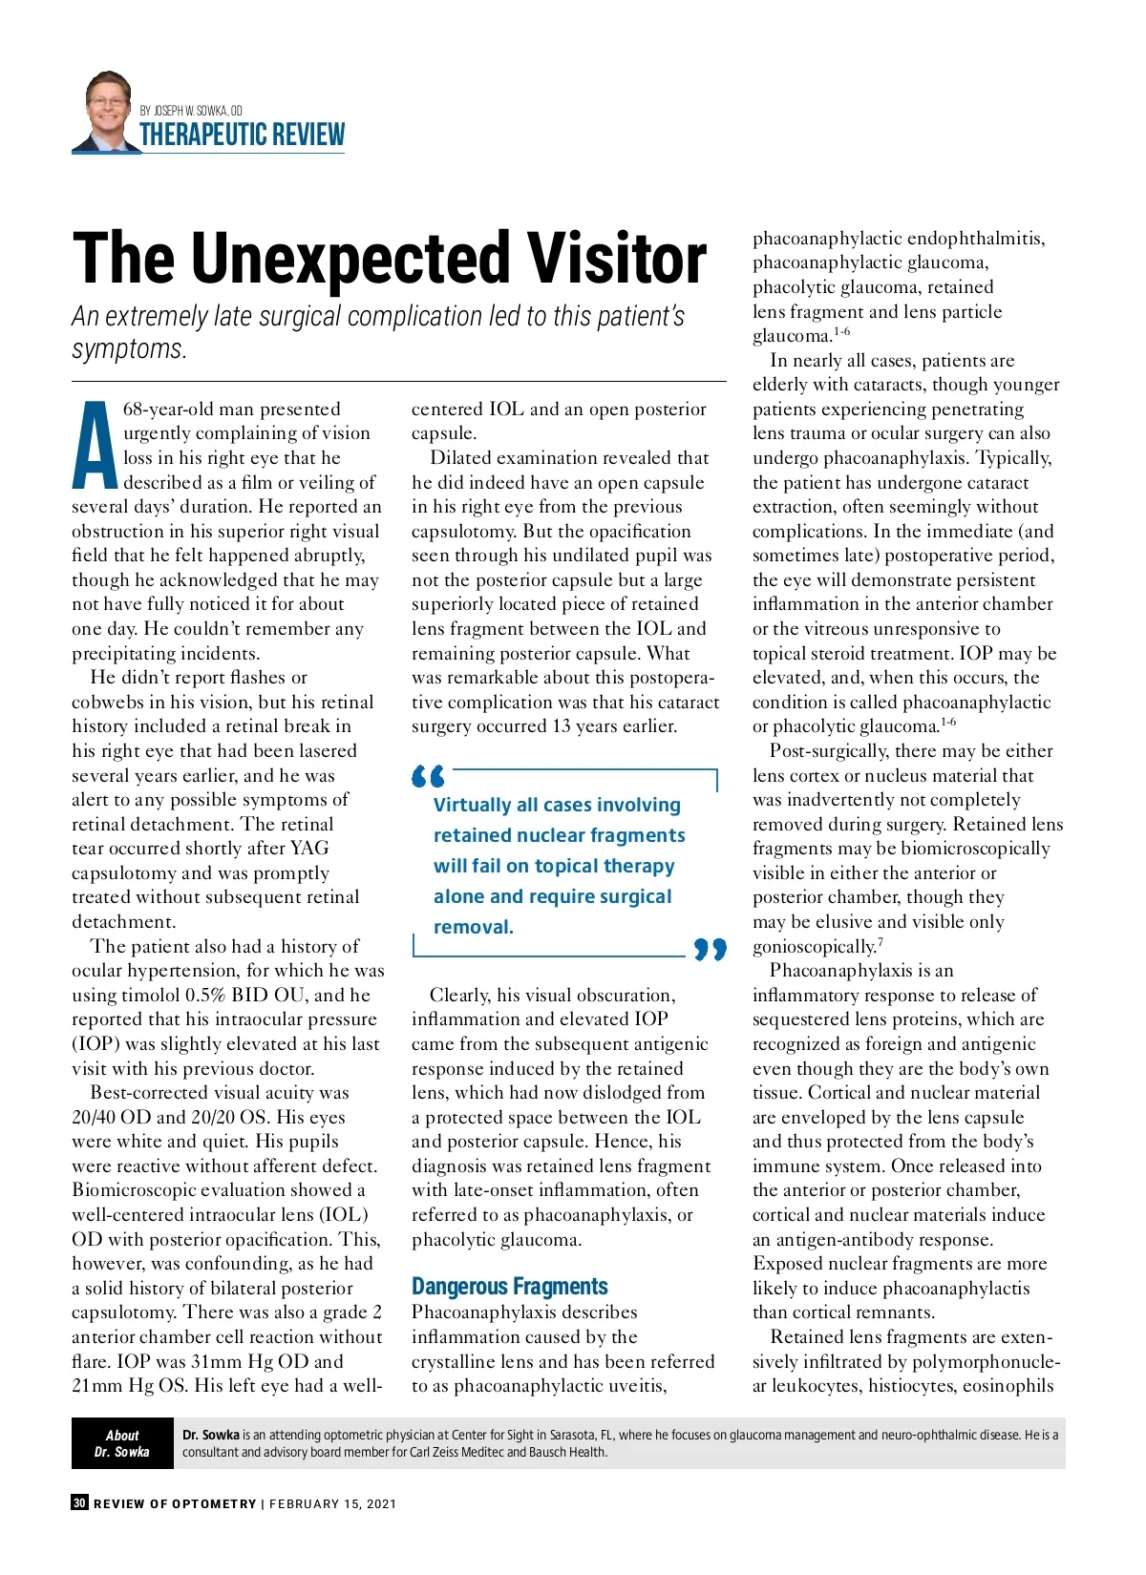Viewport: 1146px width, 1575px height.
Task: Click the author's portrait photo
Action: click(107, 112)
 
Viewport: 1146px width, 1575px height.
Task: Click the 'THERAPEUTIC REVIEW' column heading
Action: click(243, 135)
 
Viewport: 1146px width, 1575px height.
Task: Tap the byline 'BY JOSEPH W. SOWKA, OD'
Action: click(191, 111)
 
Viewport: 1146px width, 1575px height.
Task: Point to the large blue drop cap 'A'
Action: click(95, 446)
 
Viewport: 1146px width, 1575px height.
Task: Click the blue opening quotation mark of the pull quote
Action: click(428, 776)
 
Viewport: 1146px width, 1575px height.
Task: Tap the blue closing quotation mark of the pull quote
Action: click(710, 949)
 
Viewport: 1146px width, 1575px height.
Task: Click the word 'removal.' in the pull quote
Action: click(474, 927)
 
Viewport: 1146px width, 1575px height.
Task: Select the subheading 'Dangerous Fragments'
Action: click(510, 1287)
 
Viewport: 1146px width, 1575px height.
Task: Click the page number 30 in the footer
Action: click(79, 1502)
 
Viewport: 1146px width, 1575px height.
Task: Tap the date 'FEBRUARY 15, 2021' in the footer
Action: click(332, 1503)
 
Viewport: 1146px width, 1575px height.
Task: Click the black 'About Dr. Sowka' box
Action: click(122, 1443)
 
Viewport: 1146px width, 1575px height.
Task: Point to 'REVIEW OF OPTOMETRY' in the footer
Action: click(175, 1503)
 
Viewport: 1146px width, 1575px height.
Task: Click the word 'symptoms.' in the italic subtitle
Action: click(129, 349)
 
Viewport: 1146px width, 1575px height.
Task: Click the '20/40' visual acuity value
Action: click(96, 1117)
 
